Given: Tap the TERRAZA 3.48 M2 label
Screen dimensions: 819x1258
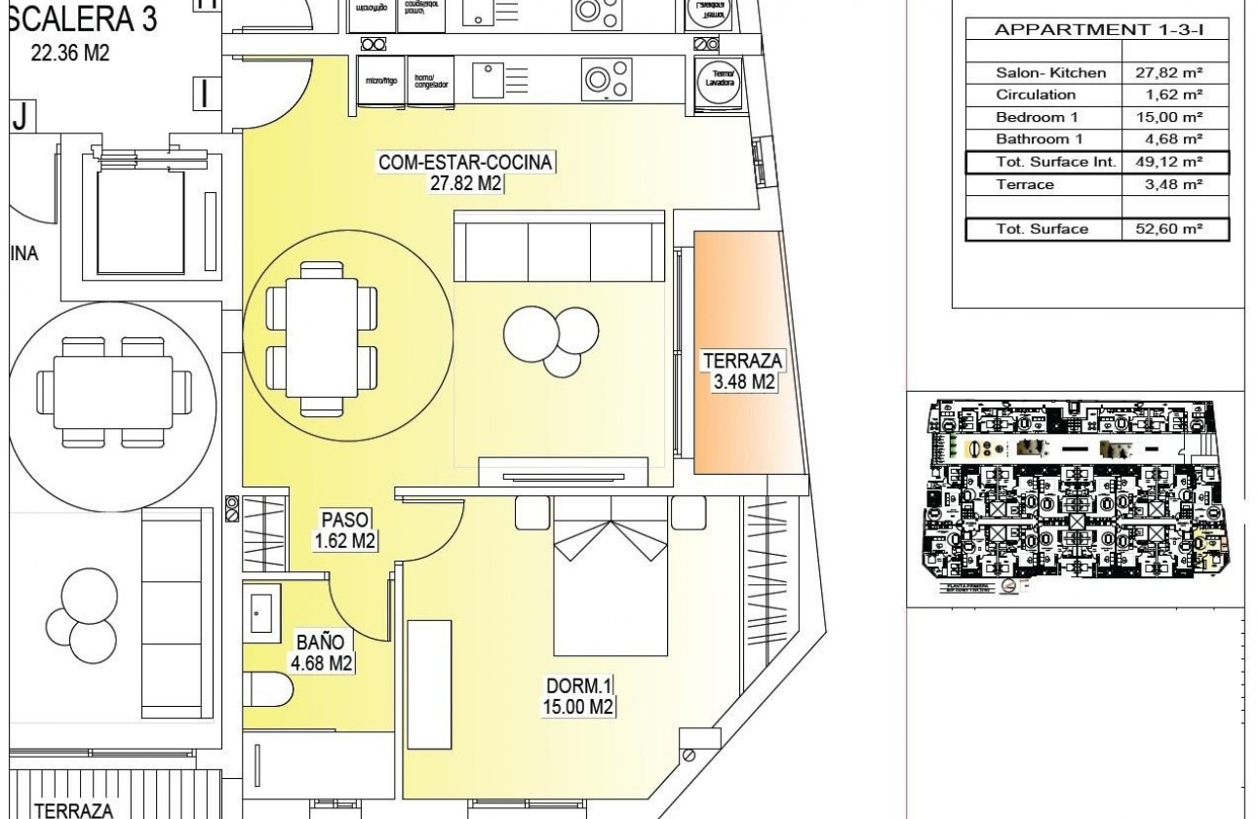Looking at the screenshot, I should pyautogui.click(x=744, y=371).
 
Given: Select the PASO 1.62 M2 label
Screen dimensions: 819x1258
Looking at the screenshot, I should pyautogui.click(x=345, y=530).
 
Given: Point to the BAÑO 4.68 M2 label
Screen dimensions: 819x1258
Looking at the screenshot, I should pyautogui.click(x=320, y=653).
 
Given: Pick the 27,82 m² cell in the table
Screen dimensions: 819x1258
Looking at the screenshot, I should pyautogui.click(x=1167, y=72).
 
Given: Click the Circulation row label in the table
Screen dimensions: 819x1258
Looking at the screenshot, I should pyautogui.click(x=1036, y=95).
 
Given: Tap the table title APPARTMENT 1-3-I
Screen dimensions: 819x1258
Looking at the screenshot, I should pyautogui.click(x=1098, y=29).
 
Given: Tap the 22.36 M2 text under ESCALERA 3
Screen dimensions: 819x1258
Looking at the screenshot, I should pyautogui.click(x=70, y=54).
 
